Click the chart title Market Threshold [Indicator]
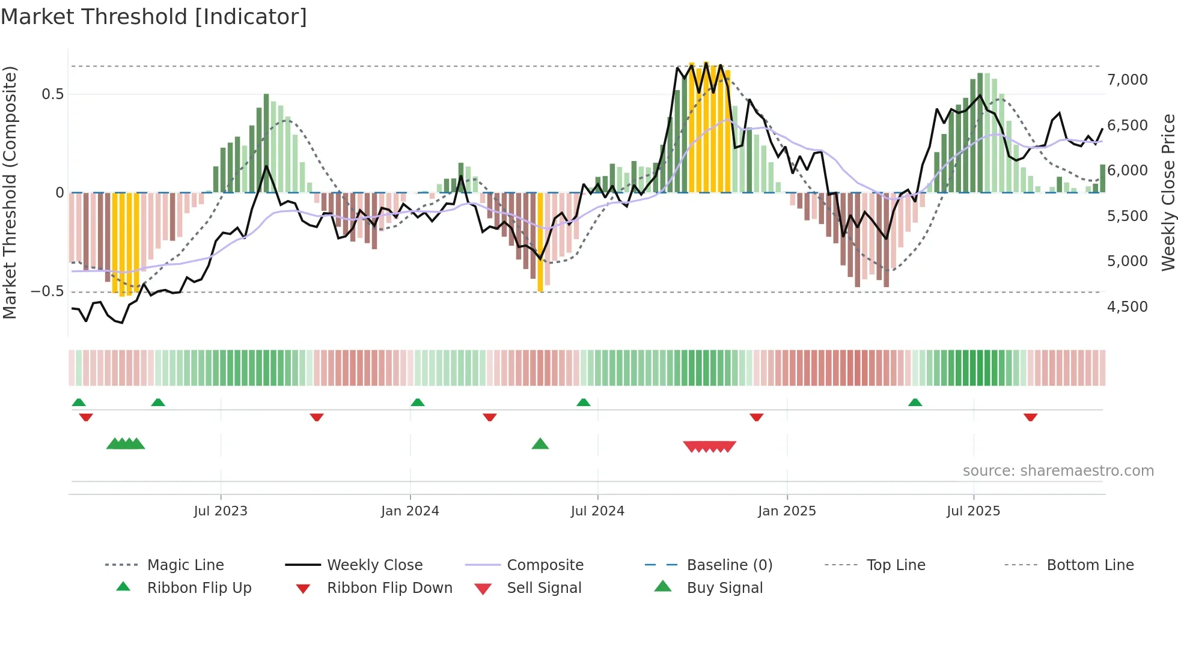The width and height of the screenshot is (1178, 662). point(154,17)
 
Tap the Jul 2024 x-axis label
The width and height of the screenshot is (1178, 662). point(597,511)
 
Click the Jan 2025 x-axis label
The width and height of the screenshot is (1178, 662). point(787,511)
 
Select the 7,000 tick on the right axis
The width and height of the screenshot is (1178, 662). point(1127,80)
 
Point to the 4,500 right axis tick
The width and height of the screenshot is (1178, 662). point(1127,307)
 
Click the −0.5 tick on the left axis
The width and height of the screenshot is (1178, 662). point(47,291)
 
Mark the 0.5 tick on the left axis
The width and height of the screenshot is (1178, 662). point(52,94)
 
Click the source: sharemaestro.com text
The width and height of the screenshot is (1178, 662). point(1058,471)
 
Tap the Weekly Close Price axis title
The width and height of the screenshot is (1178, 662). point(1168,192)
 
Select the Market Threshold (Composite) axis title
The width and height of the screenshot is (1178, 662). point(10,192)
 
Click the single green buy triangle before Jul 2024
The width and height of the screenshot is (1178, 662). point(540,444)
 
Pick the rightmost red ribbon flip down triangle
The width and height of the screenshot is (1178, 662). point(1030,417)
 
